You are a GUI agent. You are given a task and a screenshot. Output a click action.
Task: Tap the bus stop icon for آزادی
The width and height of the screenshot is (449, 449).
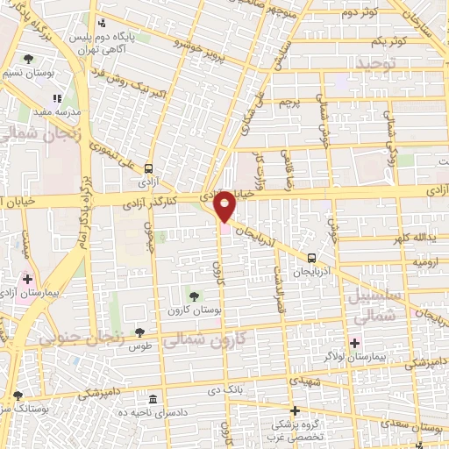point(148,169)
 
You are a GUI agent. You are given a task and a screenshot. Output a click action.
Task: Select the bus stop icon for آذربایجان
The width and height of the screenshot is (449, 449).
point(312,257)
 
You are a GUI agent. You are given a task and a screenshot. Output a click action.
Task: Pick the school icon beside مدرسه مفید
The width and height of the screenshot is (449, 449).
point(59,99)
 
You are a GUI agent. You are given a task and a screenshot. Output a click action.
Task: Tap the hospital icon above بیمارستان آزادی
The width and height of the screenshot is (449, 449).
point(27,278)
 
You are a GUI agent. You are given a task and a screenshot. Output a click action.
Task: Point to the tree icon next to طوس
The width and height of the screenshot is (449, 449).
point(139,332)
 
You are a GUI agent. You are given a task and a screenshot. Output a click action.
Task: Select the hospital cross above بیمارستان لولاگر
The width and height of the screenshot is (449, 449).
point(355,343)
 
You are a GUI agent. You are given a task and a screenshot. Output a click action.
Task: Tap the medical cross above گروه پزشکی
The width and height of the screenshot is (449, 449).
point(295,410)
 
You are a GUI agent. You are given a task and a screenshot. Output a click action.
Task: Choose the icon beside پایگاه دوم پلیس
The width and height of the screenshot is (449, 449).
point(103,23)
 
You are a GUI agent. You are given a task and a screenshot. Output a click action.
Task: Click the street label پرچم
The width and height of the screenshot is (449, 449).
point(289,103)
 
